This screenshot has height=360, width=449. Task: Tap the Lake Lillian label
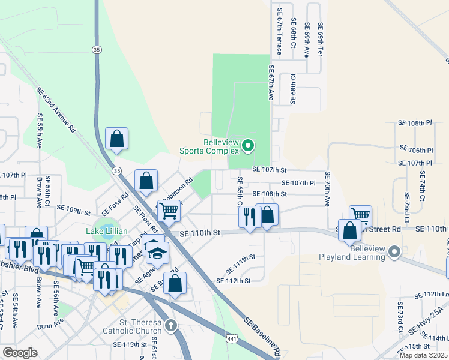point(107,231)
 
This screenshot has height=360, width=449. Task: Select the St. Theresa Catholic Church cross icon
point(171,326)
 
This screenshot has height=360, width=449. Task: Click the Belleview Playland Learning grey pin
point(394,252)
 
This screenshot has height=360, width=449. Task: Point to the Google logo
point(20,353)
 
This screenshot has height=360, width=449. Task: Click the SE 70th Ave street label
point(328,189)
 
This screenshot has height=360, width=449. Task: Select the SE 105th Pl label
point(415,122)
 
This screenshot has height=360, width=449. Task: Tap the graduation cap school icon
point(157,253)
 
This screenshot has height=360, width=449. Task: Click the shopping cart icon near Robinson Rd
point(169,211)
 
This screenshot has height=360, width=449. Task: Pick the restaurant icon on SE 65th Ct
point(250,217)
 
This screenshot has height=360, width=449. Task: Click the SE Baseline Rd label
point(263,336)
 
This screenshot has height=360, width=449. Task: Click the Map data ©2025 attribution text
point(423,355)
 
